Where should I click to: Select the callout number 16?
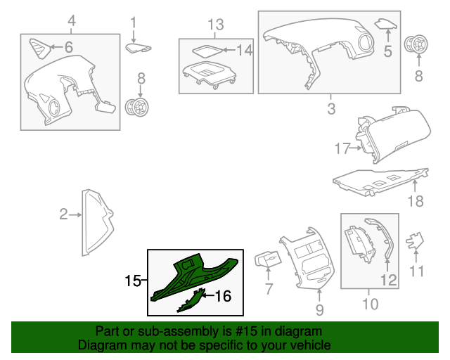click(x=223, y=296)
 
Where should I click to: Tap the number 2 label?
click(x=63, y=214)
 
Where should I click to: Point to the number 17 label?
click(x=342, y=148)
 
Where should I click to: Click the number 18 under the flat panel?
click(x=416, y=201)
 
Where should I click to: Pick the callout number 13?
click(x=216, y=25)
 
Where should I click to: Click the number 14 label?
click(x=245, y=50)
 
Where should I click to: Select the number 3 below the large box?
click(x=331, y=109)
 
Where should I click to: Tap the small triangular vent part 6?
click(x=40, y=49)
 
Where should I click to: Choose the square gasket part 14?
click(x=207, y=51)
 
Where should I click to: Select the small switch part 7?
click(x=268, y=259)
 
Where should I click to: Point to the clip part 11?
click(x=414, y=240)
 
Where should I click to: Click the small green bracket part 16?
click(x=191, y=301)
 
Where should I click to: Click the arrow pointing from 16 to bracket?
click(x=208, y=295)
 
